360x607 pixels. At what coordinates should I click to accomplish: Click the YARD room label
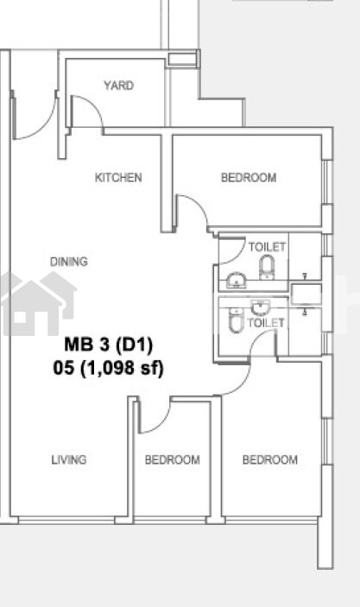[x=119, y=85]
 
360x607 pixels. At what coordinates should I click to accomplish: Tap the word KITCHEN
[x=118, y=177]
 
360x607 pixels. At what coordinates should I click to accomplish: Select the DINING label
[x=69, y=262]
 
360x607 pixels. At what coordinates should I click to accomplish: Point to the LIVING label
[x=69, y=459]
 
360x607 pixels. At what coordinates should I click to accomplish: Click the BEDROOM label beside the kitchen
[x=249, y=177]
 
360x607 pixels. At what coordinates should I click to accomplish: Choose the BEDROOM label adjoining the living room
[x=173, y=459]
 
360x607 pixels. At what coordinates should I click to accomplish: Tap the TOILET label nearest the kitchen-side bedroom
[x=267, y=247]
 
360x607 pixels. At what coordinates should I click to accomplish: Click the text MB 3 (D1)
[x=109, y=345]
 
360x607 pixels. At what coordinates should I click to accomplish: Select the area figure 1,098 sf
[x=122, y=368]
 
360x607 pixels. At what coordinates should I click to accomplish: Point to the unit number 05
[x=64, y=368]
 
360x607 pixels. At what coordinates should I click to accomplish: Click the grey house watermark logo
[x=39, y=303]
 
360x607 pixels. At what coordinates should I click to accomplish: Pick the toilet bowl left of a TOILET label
[x=235, y=319]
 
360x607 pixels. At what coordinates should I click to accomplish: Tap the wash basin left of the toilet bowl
[x=236, y=281]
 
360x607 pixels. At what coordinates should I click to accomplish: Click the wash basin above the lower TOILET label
[x=260, y=308]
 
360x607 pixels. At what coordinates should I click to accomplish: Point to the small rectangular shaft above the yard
[x=182, y=60]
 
